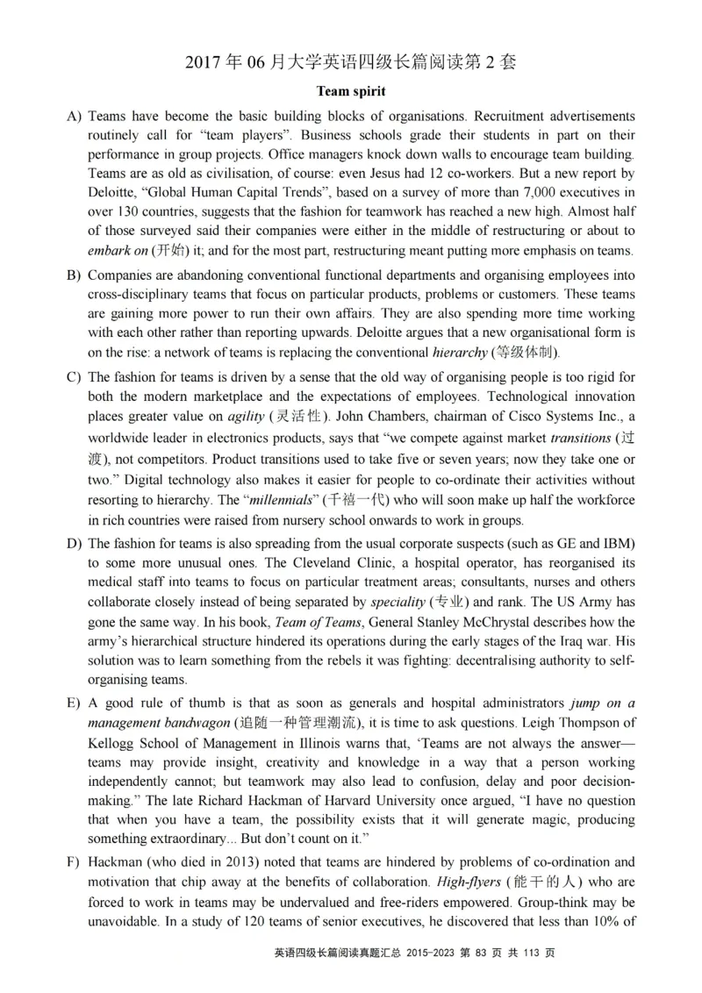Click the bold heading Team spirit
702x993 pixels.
(x=351, y=90)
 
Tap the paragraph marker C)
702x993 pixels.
(x=74, y=377)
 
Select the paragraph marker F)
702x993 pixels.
(x=74, y=861)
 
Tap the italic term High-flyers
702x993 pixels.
(x=475, y=882)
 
